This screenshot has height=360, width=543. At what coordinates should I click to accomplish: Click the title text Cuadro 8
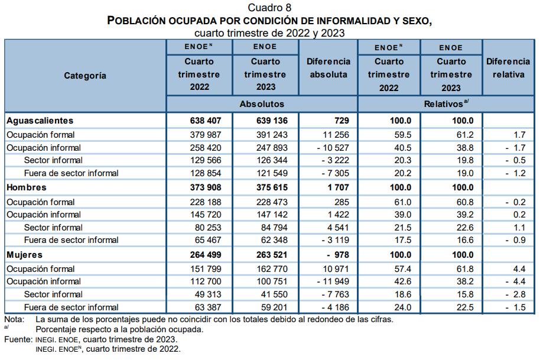[269, 7]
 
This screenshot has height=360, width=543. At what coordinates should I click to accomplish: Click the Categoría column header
[85, 75]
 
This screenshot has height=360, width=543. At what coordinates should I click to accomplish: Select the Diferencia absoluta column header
[329, 68]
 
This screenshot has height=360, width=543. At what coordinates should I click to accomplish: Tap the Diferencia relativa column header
[508, 68]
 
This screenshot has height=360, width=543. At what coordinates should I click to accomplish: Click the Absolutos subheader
[262, 104]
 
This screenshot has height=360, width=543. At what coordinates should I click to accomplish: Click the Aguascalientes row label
[40, 121]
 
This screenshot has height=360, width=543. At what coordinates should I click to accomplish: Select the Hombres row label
[26, 187]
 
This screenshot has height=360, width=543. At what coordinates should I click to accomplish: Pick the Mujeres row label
[24, 255]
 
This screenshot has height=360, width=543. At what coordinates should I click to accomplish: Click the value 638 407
[203, 121]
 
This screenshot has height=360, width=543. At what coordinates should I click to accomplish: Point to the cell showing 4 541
[336, 228]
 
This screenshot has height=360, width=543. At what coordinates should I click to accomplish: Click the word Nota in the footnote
[14, 319]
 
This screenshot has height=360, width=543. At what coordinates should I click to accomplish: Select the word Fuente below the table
[17, 340]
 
